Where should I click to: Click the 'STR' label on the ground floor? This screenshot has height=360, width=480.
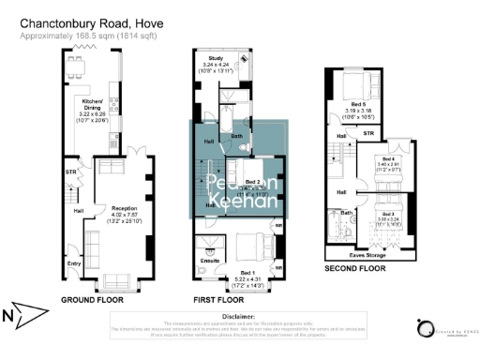pos(69,172)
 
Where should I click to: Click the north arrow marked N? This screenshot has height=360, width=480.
pos(21,312)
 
